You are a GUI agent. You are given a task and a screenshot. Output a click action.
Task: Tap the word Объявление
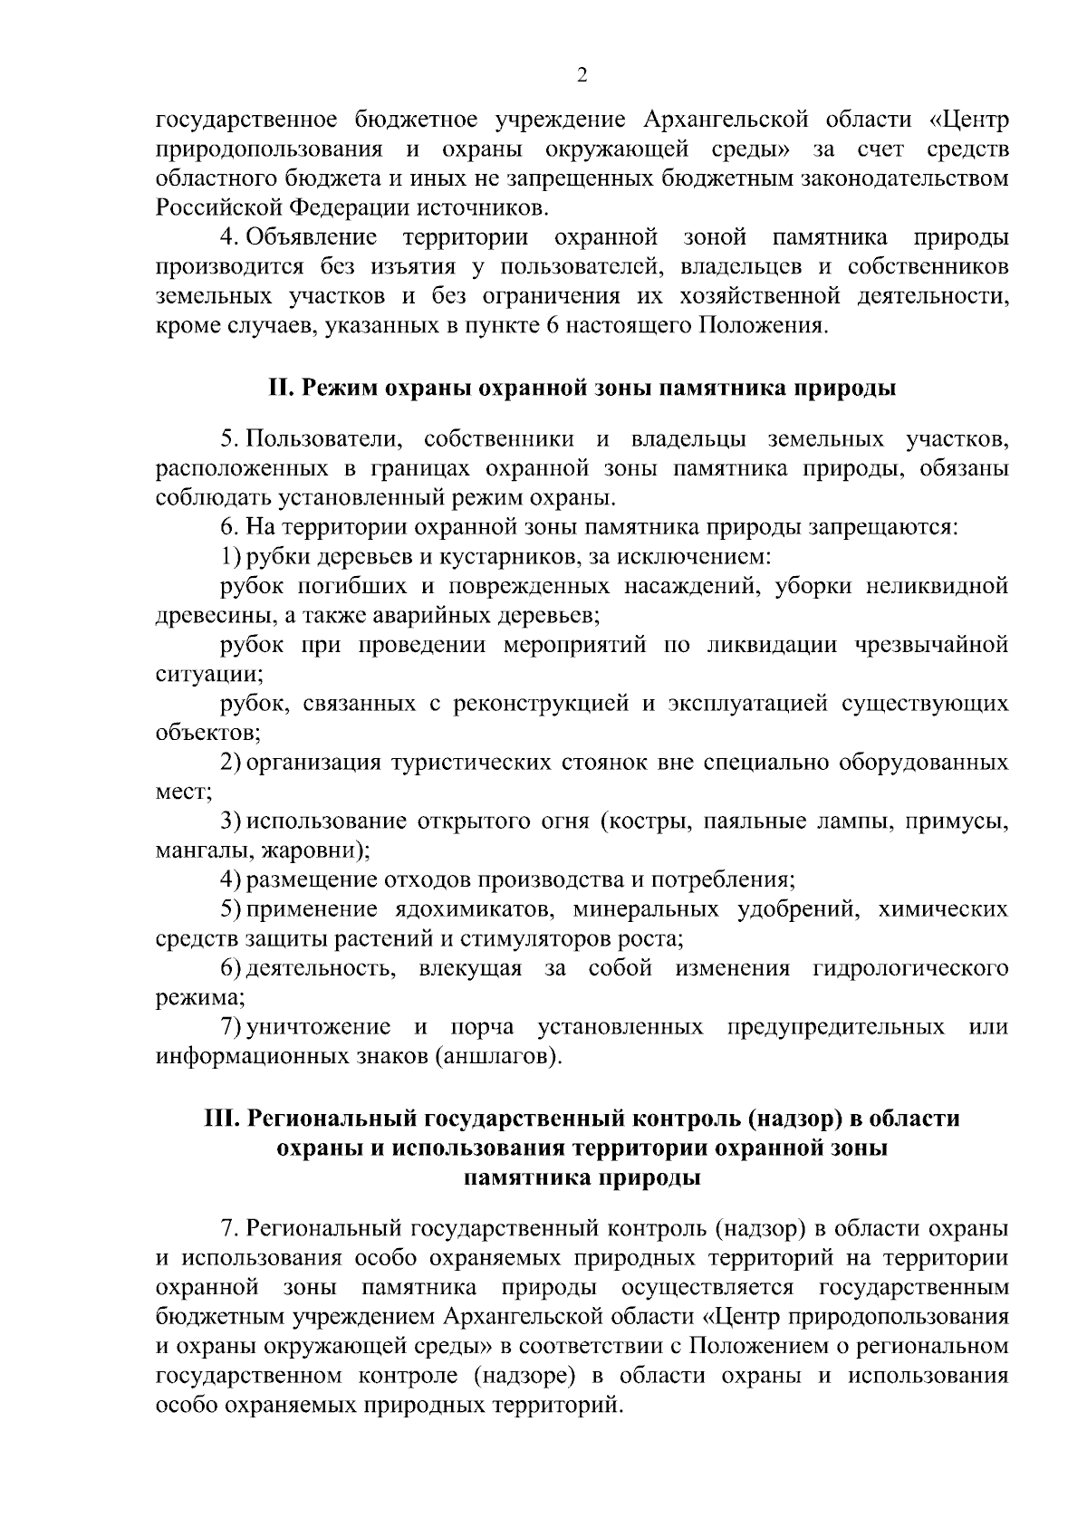311,238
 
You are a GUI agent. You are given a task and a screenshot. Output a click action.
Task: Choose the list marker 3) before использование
231,821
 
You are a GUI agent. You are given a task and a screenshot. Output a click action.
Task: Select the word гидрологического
910,968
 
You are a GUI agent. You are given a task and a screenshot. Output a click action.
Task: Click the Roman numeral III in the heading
219,1119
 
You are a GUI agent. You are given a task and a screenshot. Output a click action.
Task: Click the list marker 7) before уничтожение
231,1027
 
